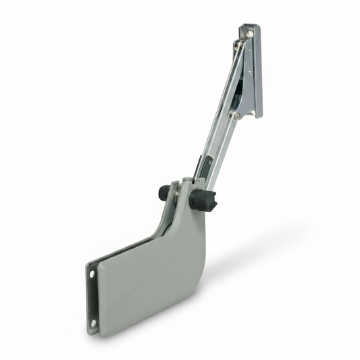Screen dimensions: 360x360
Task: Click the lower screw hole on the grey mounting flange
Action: click(x=94, y=323)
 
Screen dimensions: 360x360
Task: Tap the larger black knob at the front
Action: click(x=203, y=200)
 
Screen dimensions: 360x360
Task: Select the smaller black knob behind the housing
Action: click(x=164, y=193)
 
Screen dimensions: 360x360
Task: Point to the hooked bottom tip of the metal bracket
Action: click(x=257, y=115)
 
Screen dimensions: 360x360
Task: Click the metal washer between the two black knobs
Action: click(x=178, y=196)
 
